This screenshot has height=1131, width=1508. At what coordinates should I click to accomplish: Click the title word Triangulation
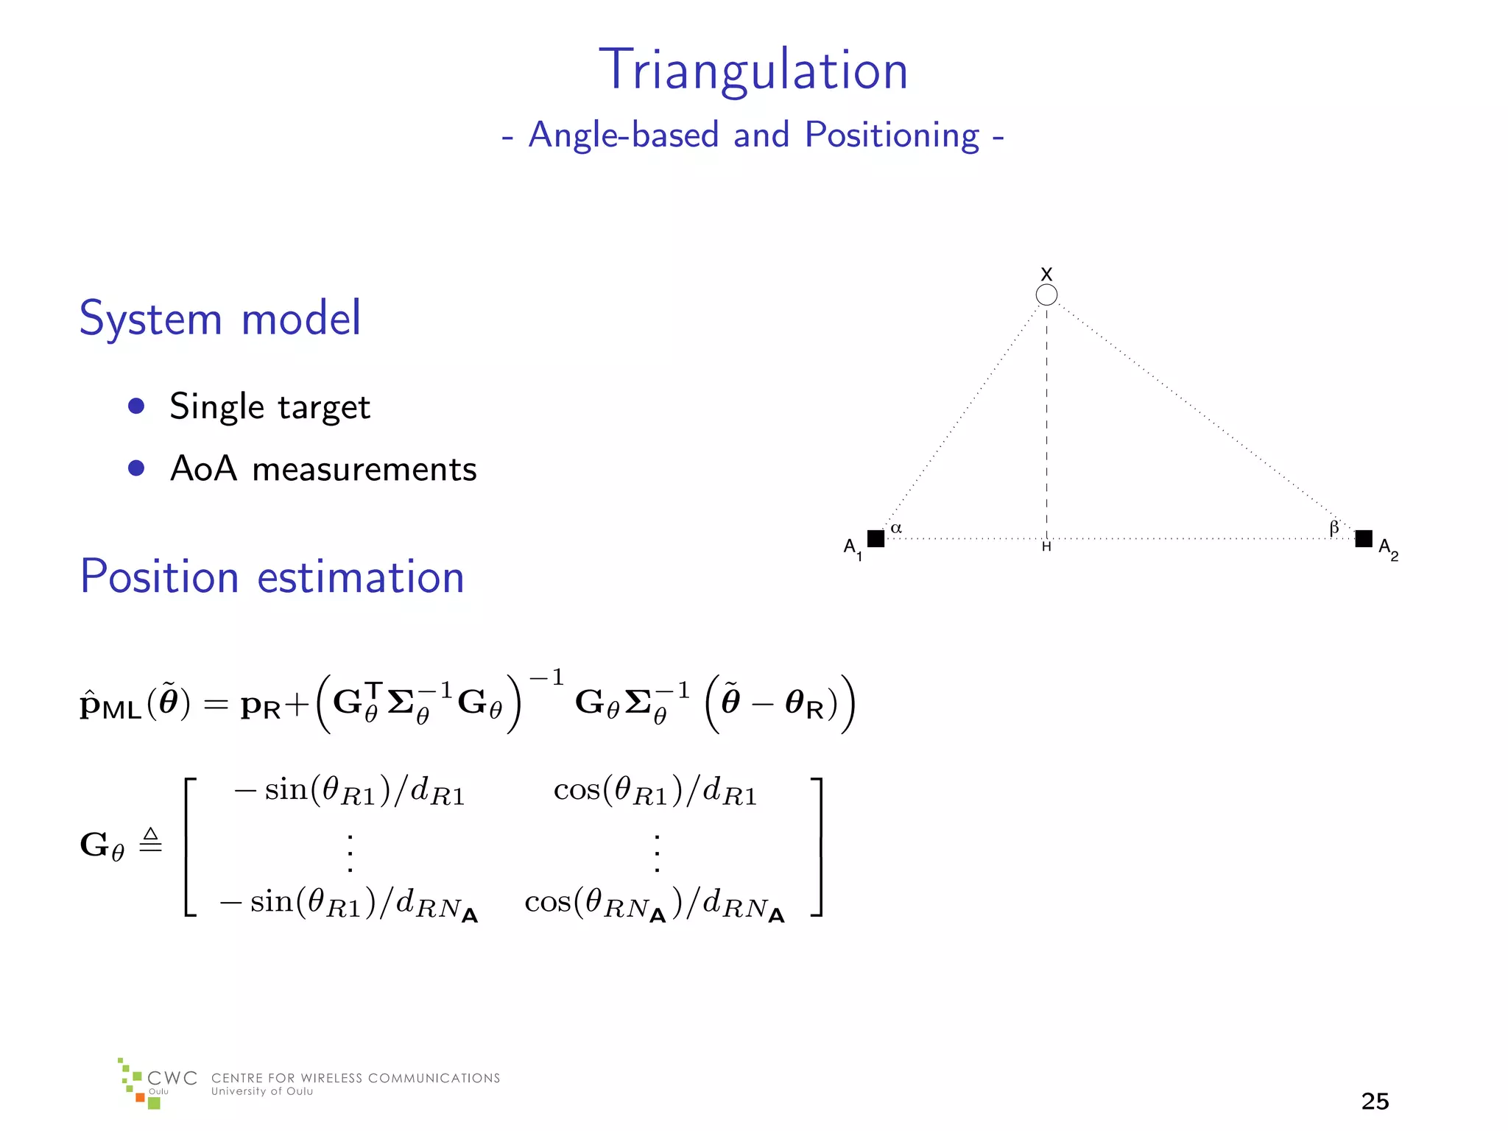click(753, 70)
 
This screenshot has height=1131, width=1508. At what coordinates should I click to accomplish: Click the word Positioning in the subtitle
click(892, 135)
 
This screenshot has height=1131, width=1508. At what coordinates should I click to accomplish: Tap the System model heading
click(220, 319)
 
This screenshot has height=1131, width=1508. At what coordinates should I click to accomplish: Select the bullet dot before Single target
click(136, 406)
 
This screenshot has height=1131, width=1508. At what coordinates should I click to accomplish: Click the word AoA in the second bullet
click(203, 469)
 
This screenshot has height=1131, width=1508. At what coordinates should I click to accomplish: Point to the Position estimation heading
click(272, 577)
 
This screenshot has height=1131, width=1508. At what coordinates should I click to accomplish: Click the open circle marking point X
click(1046, 295)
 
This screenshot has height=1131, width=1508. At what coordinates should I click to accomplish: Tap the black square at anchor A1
click(875, 538)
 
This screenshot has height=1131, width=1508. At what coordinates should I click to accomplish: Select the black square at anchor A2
click(1364, 538)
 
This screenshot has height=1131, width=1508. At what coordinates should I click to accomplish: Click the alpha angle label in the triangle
click(896, 528)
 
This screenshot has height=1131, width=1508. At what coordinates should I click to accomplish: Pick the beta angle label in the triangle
click(1333, 527)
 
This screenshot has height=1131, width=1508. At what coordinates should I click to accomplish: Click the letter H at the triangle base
click(1046, 547)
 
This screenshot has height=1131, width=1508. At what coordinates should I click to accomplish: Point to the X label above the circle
click(1046, 274)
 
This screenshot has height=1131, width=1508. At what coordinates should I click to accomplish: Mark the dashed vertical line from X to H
click(1046, 420)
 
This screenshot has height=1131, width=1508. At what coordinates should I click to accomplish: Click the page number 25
click(1375, 1101)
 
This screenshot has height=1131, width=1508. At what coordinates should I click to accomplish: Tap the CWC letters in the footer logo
click(172, 1078)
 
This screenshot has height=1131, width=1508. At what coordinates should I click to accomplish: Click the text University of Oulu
click(262, 1091)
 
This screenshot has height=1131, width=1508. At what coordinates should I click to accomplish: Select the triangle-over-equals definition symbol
click(151, 840)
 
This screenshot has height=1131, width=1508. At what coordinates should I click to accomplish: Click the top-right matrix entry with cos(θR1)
click(655, 792)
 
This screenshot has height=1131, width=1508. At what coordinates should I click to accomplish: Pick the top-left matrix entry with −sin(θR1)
click(350, 792)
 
